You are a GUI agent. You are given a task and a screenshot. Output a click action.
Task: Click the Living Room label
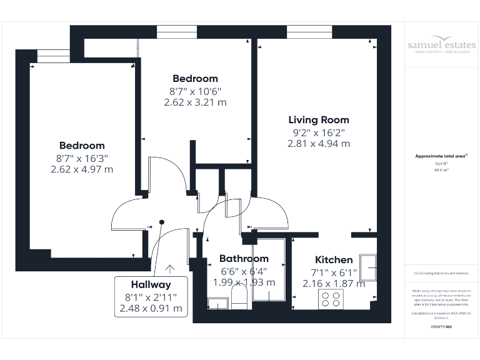318,119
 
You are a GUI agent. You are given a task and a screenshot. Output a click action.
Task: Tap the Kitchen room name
333,259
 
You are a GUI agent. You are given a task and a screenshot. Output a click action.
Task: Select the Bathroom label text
244,258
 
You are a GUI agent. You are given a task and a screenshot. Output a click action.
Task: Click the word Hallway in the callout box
151,284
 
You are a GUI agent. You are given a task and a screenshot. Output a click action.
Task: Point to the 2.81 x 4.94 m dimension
318,143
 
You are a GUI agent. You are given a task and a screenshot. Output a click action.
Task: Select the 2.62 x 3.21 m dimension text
195,102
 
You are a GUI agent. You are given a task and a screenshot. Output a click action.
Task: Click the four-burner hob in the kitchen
330,300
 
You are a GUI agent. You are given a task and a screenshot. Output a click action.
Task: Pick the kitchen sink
367,267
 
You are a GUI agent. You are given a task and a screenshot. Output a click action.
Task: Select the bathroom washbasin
217,304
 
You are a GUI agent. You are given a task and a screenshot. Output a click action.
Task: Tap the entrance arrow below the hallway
169,269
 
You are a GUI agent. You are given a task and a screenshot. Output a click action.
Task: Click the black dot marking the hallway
162,221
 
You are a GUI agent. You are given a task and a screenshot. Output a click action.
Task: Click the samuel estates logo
441,46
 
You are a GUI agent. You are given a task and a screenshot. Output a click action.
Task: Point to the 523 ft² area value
441,164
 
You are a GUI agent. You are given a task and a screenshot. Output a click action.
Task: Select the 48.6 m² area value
441,169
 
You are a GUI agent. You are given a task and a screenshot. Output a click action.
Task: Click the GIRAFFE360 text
441,327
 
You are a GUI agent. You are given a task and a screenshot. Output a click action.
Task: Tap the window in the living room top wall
306,32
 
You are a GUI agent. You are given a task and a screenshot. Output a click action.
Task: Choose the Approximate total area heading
441,156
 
